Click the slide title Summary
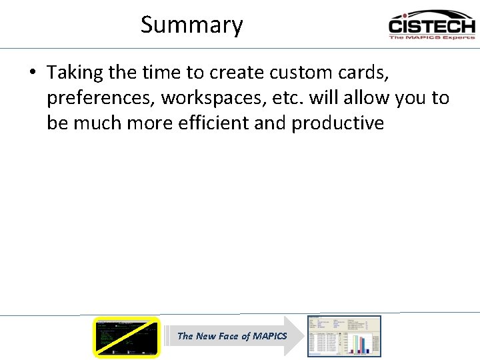click(191, 25)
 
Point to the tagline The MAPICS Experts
click(431, 37)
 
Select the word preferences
click(101, 98)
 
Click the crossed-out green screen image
click(127, 337)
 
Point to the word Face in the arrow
click(227, 336)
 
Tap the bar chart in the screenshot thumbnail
click(359, 341)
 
